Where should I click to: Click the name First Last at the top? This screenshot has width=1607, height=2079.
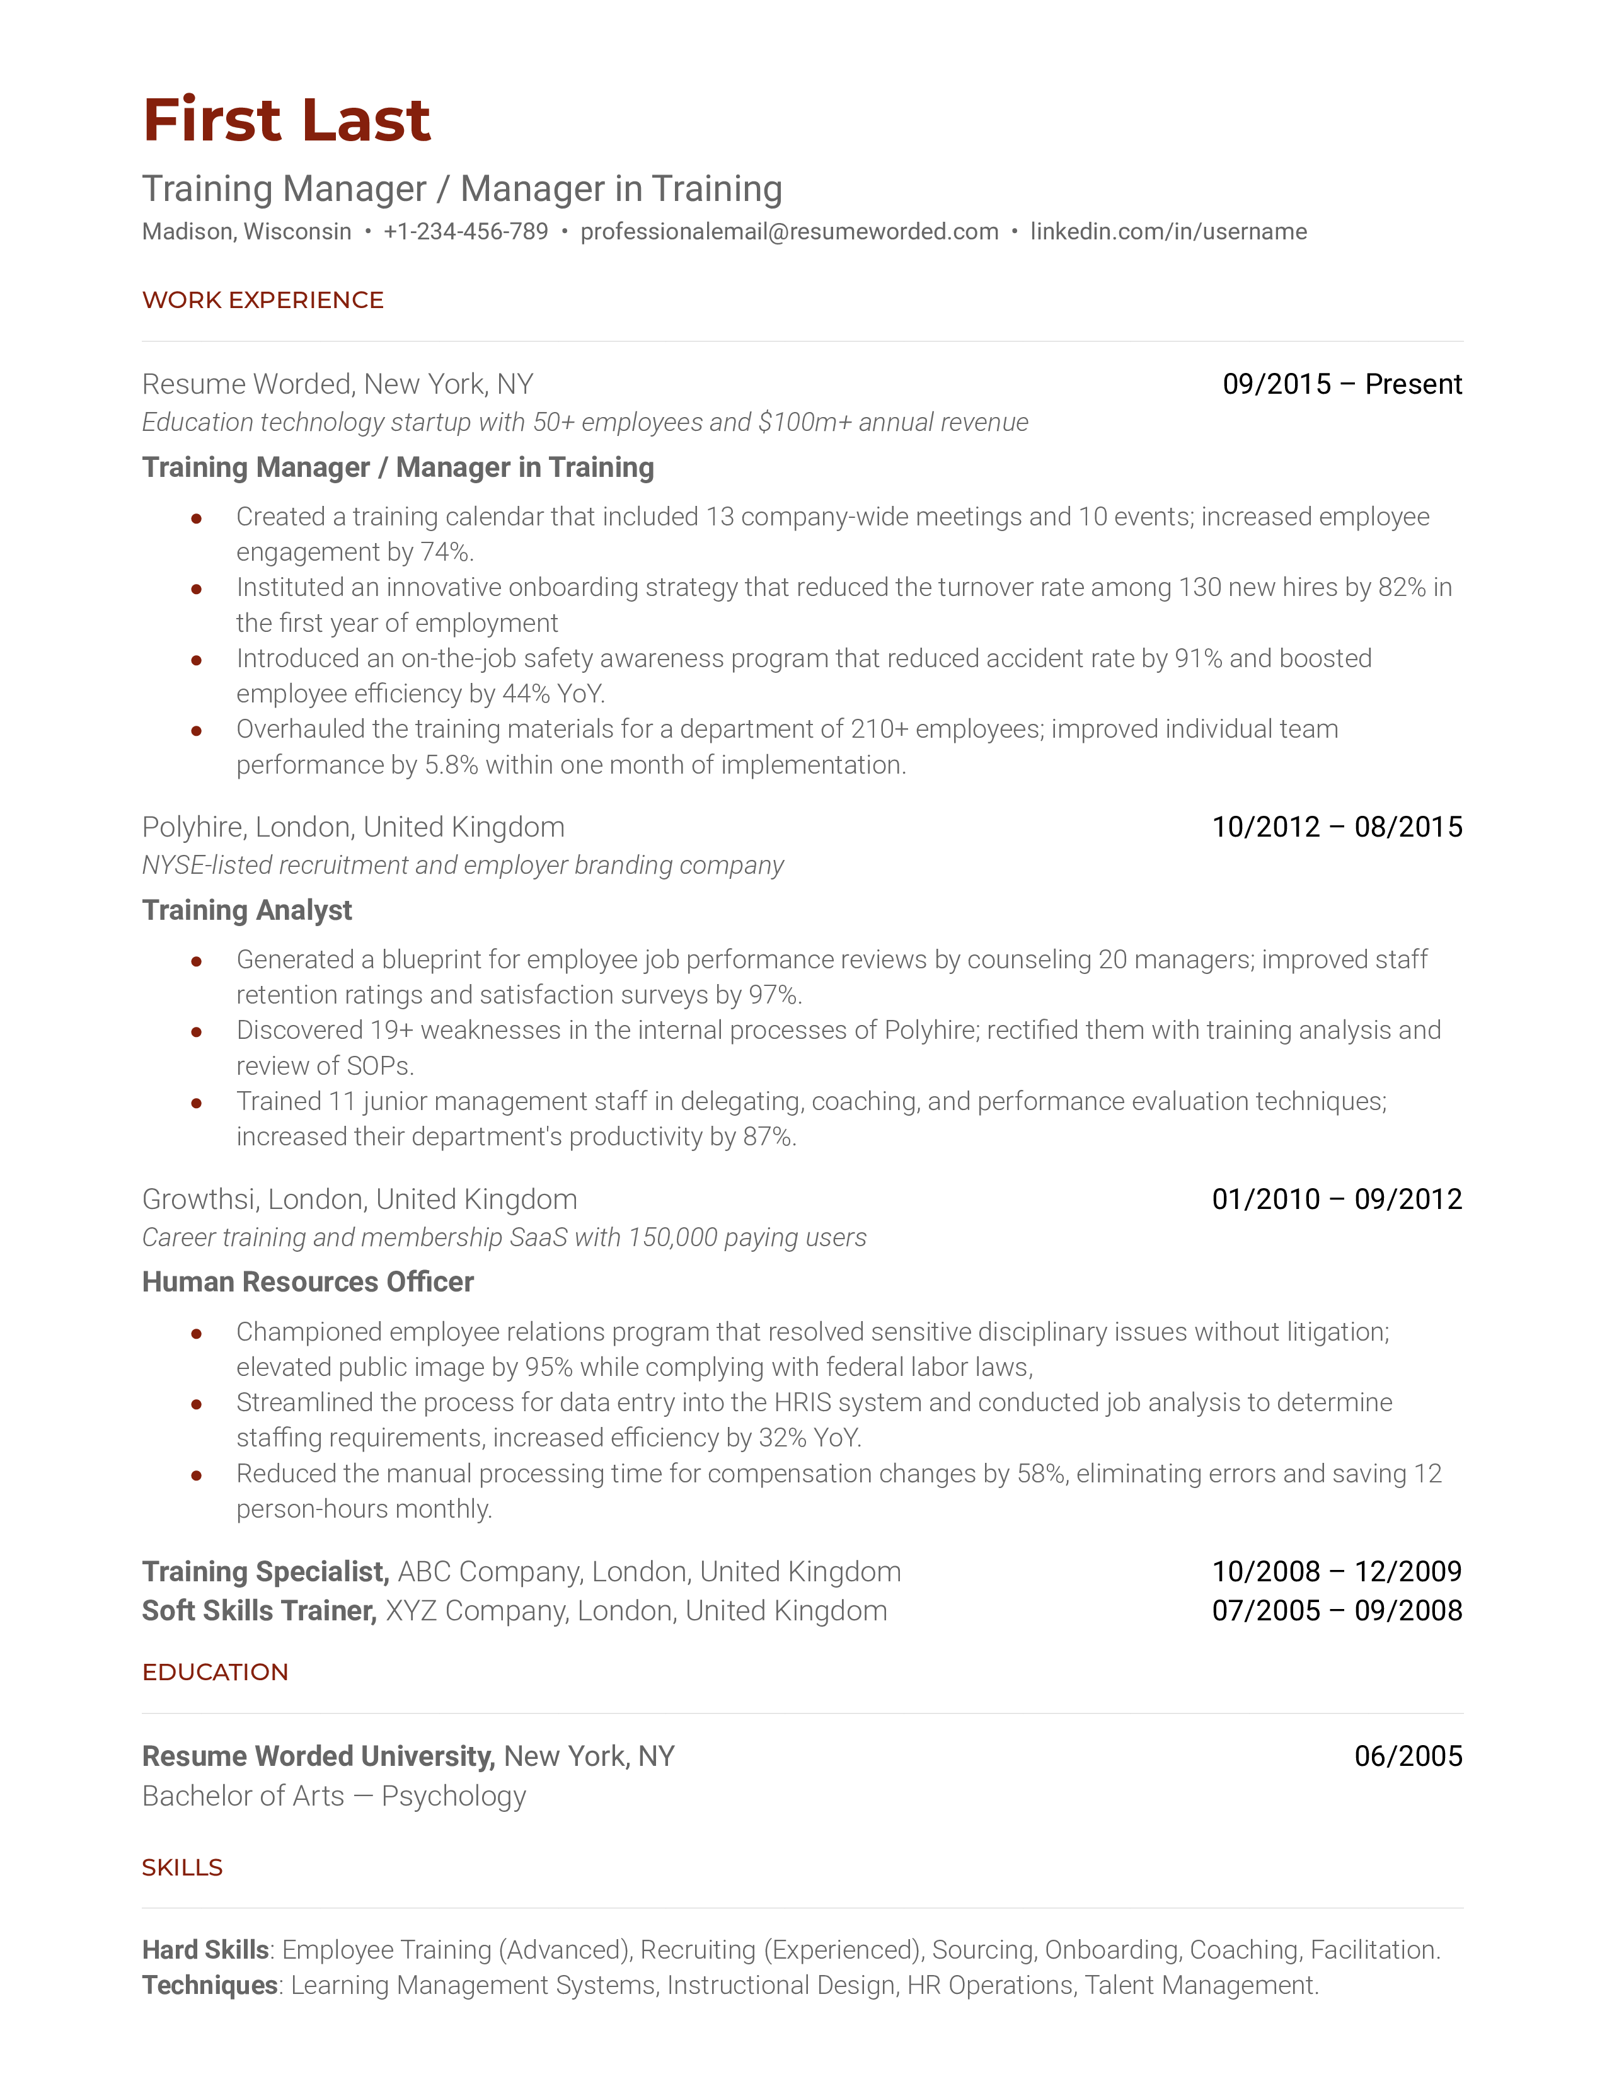[287, 121]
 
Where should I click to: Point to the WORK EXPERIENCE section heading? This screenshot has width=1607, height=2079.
[263, 301]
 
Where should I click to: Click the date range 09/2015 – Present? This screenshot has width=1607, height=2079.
[1342, 384]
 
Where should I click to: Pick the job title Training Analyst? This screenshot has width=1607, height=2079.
[246, 911]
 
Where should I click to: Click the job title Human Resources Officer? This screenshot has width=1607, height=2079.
[308, 1282]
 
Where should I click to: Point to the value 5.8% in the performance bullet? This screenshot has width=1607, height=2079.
[451, 765]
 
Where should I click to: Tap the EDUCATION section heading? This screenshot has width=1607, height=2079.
[215, 1673]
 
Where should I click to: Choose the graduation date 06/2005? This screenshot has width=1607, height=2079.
[1408, 1756]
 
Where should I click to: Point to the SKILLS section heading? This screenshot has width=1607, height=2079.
[182, 1868]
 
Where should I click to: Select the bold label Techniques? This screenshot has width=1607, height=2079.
[209, 1986]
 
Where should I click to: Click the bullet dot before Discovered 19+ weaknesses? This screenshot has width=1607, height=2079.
[196, 1032]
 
